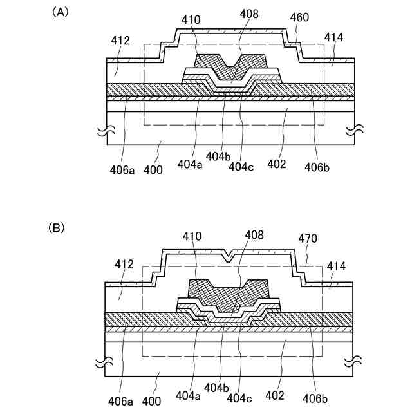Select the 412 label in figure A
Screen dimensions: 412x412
pyautogui.click(x=120, y=40)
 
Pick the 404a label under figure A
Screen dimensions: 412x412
pyautogui.click(x=191, y=164)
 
